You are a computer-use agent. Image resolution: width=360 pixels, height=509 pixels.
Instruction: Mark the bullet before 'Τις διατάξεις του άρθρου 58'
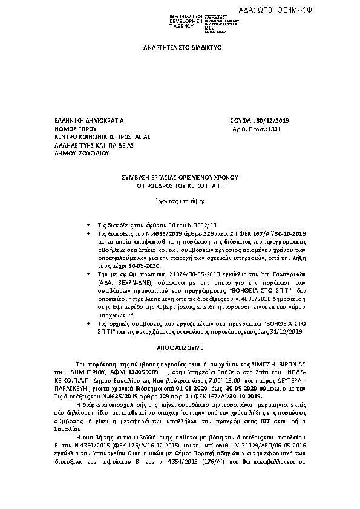pyautogui.click(x=89, y=224)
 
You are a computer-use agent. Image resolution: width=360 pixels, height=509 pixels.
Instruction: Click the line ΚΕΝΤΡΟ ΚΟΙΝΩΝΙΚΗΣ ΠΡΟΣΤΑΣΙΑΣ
pyautogui.click(x=94, y=137)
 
